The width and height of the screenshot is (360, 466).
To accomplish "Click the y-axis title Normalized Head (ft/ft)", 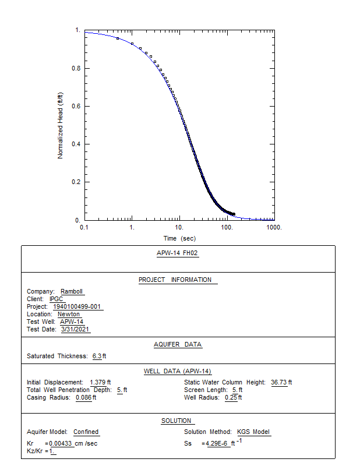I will click(x=60, y=125).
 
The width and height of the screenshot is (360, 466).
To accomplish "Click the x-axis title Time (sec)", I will click(x=179, y=238).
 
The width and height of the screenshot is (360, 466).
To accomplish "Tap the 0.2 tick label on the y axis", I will click(x=76, y=182).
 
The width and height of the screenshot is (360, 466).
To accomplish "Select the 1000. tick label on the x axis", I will click(x=274, y=227).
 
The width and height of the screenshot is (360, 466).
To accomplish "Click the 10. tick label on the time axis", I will click(x=179, y=227).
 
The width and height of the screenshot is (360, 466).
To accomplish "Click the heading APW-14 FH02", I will click(x=178, y=253).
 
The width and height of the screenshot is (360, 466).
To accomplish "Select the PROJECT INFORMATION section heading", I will click(x=175, y=280).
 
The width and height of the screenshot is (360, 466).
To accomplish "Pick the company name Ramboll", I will click(x=72, y=292).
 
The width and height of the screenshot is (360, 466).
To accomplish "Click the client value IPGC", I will click(x=56, y=299).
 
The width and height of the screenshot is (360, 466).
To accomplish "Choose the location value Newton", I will click(x=69, y=315).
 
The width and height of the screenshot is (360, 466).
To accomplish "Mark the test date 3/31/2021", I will click(x=76, y=330).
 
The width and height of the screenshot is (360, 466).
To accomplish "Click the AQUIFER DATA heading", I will click(x=178, y=344).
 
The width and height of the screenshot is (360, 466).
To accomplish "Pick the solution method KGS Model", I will click(x=253, y=432).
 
